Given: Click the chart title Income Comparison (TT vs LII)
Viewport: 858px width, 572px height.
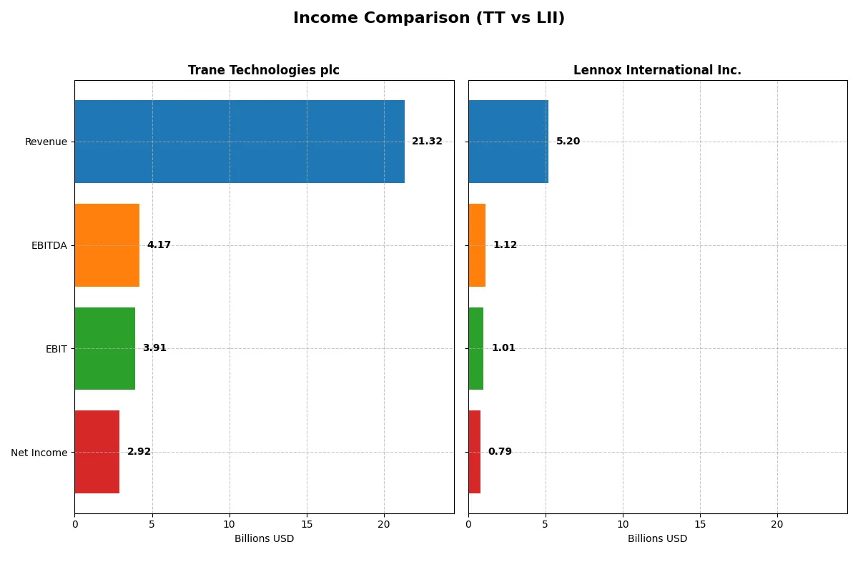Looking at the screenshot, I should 428,18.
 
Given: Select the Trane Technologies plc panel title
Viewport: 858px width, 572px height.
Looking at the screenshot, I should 263,70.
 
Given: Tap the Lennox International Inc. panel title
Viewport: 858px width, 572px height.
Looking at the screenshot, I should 657,70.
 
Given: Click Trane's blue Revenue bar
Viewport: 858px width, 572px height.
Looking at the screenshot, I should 240,142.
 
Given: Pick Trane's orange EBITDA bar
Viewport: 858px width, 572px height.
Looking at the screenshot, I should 107,245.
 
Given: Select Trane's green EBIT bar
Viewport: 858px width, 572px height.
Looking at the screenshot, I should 105,348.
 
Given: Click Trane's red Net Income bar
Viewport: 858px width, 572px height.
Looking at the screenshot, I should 97,452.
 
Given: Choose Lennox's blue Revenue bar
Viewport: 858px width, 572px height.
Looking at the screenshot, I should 508,142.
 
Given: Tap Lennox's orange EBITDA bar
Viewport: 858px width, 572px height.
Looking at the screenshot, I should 477,245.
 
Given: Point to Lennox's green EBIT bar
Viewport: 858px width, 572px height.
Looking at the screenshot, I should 476,348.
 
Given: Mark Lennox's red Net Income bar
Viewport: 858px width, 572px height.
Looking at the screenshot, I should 475,452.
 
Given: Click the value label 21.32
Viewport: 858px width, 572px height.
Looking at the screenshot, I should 427,142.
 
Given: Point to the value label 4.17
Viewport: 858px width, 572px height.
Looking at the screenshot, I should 159,245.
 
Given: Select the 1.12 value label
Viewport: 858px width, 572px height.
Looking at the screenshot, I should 505,245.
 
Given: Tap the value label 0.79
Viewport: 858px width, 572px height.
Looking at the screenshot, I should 500,452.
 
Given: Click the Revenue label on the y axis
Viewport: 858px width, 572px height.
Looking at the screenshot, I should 46,142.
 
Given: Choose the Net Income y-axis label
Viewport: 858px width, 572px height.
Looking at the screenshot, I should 39,453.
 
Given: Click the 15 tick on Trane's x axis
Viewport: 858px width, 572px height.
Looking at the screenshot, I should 307,524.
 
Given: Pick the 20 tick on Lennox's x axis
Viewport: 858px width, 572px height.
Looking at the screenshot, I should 777,524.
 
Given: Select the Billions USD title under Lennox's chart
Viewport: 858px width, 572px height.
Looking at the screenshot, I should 657,539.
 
